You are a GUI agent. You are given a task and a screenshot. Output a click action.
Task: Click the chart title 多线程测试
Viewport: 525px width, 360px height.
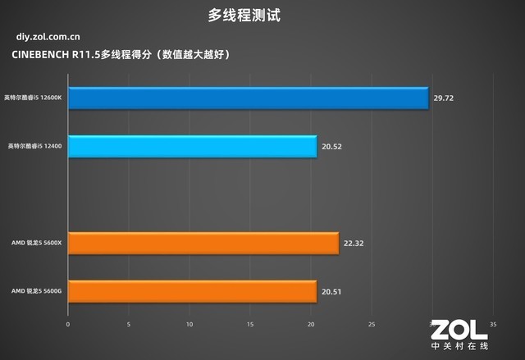(262, 15)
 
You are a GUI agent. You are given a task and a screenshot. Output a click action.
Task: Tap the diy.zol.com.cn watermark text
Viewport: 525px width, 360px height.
(48, 36)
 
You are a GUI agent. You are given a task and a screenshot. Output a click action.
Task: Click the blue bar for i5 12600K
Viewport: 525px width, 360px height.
(248, 98)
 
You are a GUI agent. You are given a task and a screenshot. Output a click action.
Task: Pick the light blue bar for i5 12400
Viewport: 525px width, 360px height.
(192, 146)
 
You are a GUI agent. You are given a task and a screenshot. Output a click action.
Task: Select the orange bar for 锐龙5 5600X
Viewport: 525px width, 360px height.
(203, 243)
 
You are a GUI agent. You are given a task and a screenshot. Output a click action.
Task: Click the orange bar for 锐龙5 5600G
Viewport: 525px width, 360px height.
(192, 291)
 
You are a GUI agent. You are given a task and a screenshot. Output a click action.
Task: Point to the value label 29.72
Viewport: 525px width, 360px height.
(443, 98)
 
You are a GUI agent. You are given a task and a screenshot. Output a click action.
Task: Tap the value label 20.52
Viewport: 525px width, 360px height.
(331, 147)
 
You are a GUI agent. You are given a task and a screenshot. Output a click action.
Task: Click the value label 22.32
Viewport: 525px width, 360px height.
(353, 244)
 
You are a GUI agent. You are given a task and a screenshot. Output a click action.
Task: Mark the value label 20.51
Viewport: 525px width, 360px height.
(331, 291)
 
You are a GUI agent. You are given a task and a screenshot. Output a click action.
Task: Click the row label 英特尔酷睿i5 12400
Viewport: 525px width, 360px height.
(36, 146)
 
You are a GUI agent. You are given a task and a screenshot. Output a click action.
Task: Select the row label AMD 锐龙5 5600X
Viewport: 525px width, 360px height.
(37, 244)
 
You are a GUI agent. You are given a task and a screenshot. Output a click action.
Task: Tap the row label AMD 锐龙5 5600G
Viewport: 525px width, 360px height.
(37, 291)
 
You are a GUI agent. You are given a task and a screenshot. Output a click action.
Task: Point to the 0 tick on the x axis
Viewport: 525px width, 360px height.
(68, 324)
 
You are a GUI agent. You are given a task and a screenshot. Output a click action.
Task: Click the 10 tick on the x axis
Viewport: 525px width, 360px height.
(189, 324)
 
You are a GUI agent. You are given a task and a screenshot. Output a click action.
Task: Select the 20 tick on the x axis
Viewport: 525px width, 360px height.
(311, 324)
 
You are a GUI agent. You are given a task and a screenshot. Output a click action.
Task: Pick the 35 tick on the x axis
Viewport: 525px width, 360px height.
(493, 324)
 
